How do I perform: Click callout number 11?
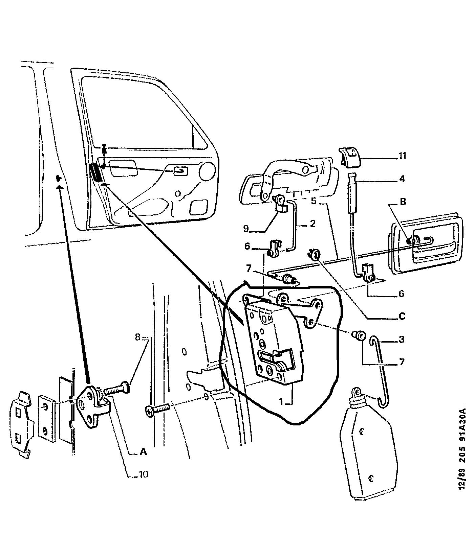point(402,157)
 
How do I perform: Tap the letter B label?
point(403,203)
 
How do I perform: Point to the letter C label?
point(402,317)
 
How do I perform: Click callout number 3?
point(402,339)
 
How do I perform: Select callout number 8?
point(137,337)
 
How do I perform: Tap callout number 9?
point(246,229)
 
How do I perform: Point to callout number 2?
point(312,223)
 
